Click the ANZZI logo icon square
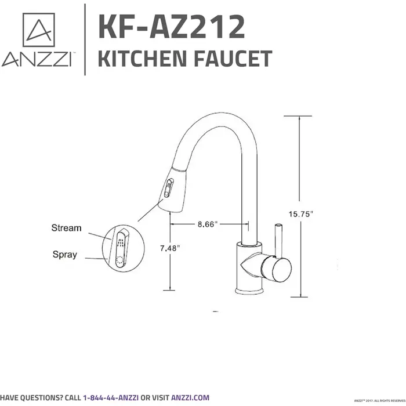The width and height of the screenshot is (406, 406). pos(38,30)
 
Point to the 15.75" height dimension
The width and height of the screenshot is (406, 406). pos(301,213)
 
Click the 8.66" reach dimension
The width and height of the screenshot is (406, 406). pos(206,224)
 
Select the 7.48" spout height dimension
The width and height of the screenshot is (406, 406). pos(169,248)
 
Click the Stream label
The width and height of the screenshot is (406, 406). pos(66,228)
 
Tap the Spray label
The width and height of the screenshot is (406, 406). pos(64,254)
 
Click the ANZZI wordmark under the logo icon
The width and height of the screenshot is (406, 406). pos(37,60)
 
